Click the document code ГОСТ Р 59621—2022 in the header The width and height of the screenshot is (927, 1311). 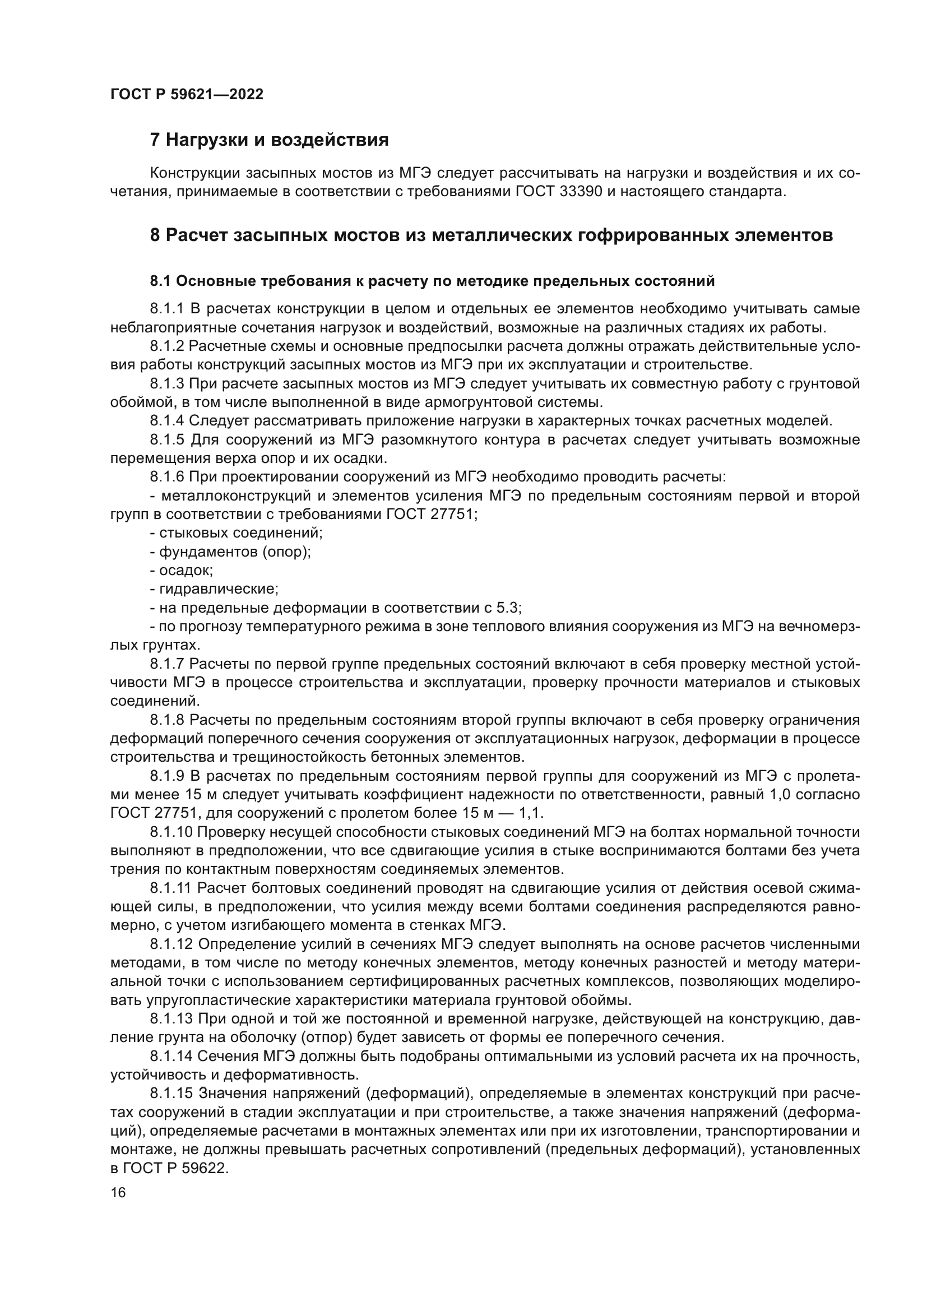pos(187,95)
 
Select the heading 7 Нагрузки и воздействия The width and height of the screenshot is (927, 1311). pos(269,140)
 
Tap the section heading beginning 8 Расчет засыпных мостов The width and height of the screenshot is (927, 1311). pos(491,235)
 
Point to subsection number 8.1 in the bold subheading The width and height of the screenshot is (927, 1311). pos(160,281)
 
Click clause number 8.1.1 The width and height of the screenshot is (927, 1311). pos(166,309)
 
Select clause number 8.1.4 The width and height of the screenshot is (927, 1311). pos(166,421)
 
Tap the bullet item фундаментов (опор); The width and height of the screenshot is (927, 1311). pos(230,552)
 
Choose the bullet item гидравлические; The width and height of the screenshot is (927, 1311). pos(214,589)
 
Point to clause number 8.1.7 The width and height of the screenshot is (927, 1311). pos(166,664)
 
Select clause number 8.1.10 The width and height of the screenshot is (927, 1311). pos(171,832)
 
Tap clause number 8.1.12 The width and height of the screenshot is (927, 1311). pos(171,944)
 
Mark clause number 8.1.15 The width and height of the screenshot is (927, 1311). pos(171,1093)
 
